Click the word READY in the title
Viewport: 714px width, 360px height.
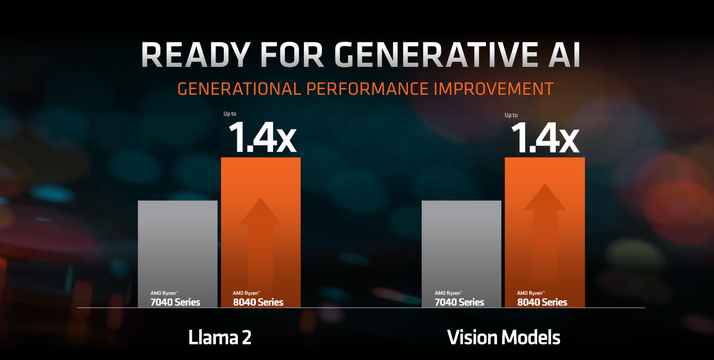coord(196,55)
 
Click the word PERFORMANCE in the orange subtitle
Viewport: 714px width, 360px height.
coord(367,89)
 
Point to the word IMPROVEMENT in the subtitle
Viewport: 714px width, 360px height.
coord(493,89)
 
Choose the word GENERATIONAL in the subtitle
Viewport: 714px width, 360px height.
coord(239,89)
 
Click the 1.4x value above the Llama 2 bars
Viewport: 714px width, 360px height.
coord(262,137)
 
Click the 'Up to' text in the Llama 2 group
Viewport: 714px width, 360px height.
coord(230,114)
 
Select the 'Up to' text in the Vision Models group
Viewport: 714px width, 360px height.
coord(511,115)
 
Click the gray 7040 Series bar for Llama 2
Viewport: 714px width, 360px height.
coord(177,254)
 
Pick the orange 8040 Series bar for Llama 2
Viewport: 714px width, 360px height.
coord(261,232)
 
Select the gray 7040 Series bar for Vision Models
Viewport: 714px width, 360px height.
coord(462,254)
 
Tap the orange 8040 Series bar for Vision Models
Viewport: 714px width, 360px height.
coord(545,232)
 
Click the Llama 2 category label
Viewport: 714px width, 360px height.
coord(220,337)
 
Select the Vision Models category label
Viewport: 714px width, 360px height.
coord(504,337)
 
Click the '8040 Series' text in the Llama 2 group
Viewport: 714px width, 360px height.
coord(258,302)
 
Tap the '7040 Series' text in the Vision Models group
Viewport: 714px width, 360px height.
coord(459,302)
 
